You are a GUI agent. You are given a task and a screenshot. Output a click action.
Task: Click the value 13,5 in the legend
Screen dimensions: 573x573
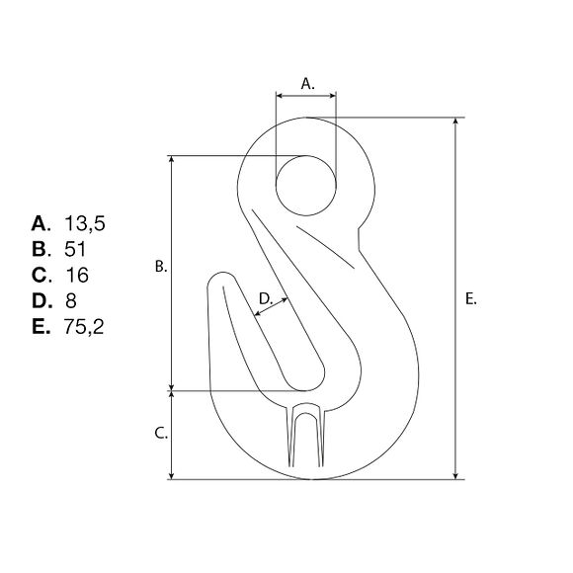click(x=85, y=223)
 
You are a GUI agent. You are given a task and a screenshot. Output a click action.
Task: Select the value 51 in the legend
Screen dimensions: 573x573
click(x=75, y=249)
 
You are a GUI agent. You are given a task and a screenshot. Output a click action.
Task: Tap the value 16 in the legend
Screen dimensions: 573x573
click(x=77, y=276)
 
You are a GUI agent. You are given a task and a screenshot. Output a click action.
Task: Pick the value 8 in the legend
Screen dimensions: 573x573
click(x=71, y=300)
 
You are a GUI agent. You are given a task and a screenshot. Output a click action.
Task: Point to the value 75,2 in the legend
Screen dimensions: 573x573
click(x=84, y=327)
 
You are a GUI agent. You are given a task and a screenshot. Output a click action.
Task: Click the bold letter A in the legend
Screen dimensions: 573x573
click(x=40, y=223)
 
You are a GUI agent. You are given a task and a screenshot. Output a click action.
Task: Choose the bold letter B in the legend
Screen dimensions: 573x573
click(x=40, y=249)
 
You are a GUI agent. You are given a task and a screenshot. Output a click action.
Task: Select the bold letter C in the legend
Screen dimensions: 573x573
click(x=40, y=276)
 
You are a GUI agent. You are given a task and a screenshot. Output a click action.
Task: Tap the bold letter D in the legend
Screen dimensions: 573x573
click(x=41, y=300)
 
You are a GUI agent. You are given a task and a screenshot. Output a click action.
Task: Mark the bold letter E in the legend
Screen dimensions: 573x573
click(x=40, y=327)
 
